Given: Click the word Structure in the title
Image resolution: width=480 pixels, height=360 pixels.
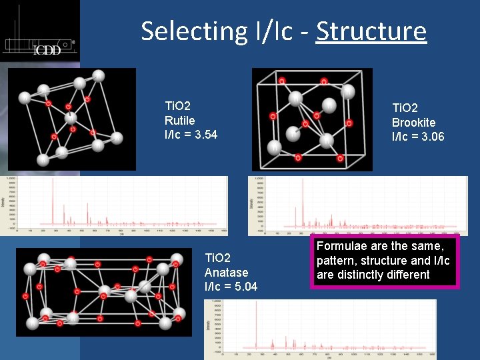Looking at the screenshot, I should pos(371,31).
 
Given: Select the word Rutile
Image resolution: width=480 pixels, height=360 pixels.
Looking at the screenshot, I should pos(180,120).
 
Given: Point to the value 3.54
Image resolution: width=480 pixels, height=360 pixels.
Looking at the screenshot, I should pos(203,135).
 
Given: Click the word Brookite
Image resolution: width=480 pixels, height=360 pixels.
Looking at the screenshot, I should pos(413,122).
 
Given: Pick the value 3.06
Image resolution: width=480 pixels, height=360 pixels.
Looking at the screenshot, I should pos(431,137).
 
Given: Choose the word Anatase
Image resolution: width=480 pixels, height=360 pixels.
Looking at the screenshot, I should pos(226,272).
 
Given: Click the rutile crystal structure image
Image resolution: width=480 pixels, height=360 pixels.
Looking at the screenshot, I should pos(72,119).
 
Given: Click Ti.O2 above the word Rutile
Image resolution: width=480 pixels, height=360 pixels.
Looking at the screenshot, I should pos(177,105).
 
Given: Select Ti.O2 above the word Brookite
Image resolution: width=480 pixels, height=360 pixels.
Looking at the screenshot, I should pos(405,107).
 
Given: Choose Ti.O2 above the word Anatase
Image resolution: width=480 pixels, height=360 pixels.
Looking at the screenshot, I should pos(217,257).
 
